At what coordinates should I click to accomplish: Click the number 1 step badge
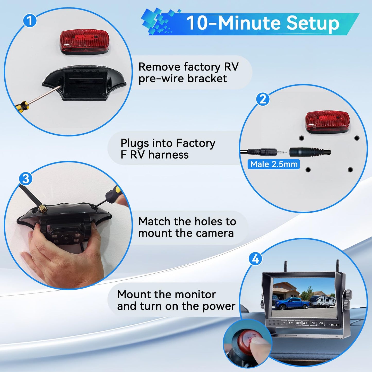(x=30, y=21)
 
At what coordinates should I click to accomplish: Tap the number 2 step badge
(x=263, y=99)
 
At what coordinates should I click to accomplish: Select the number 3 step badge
(x=26, y=179)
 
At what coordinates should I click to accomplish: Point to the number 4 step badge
(x=255, y=259)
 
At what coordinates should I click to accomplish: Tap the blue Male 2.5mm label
(x=274, y=164)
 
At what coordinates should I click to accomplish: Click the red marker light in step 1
(x=85, y=42)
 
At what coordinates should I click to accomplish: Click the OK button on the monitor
(x=321, y=323)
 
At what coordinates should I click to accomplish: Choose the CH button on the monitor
(x=313, y=323)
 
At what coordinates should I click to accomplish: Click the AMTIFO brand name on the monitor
(x=335, y=325)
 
